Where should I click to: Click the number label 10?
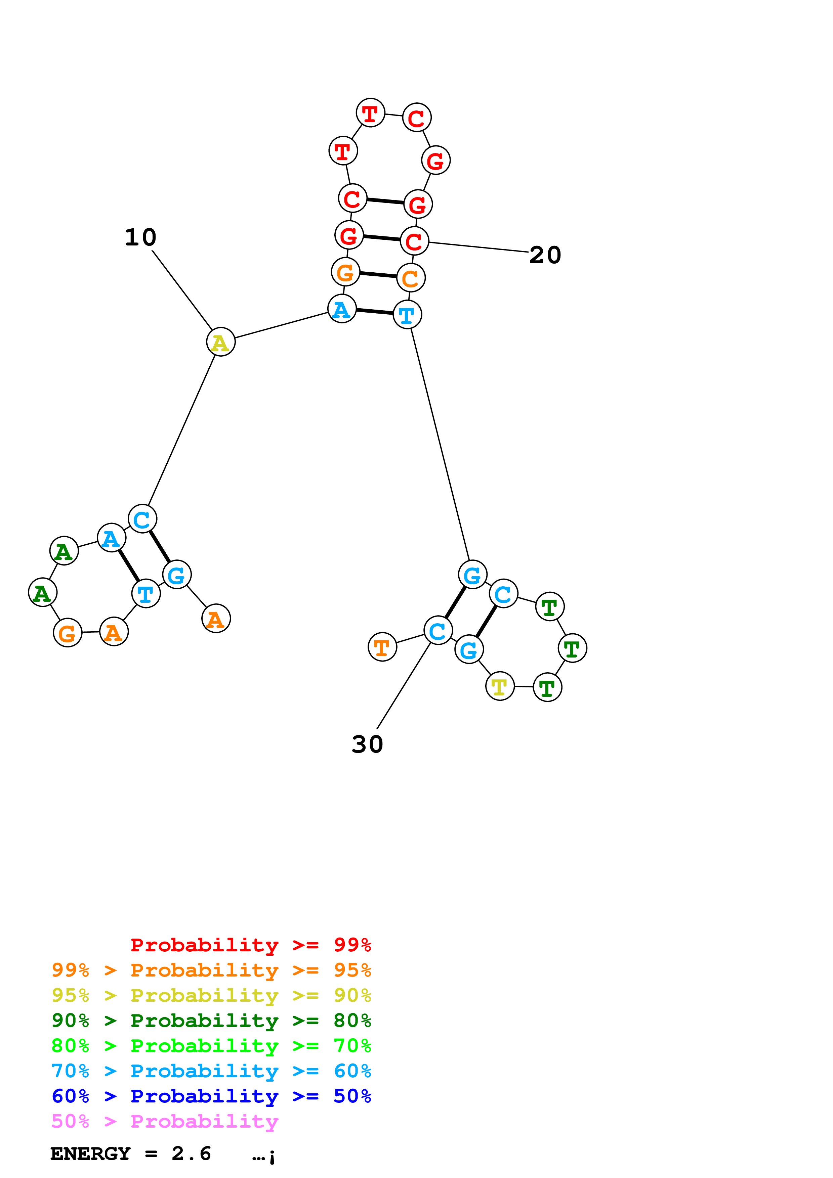[140, 237]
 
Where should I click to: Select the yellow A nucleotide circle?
[221, 342]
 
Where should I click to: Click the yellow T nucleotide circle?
[499, 686]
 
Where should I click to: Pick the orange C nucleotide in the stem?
[411, 278]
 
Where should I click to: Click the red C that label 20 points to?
[414, 241]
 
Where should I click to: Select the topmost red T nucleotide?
[370, 113]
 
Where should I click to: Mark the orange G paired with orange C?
[345, 272]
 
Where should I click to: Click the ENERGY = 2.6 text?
[131, 1153]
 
